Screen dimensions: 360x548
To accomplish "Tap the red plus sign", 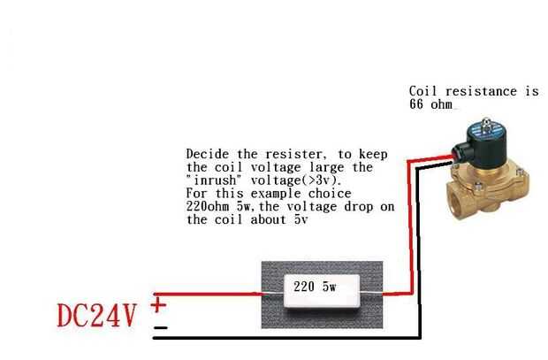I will pyautogui.click(x=159, y=305).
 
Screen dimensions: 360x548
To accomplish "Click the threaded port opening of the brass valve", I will pyautogui.click(x=453, y=197).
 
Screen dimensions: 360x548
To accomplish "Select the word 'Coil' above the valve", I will pyautogui.click(x=422, y=91).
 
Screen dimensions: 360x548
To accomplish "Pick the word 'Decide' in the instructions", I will pyautogui.click(x=207, y=153).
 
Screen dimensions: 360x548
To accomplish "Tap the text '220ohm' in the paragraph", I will pyautogui.click(x=209, y=206).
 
